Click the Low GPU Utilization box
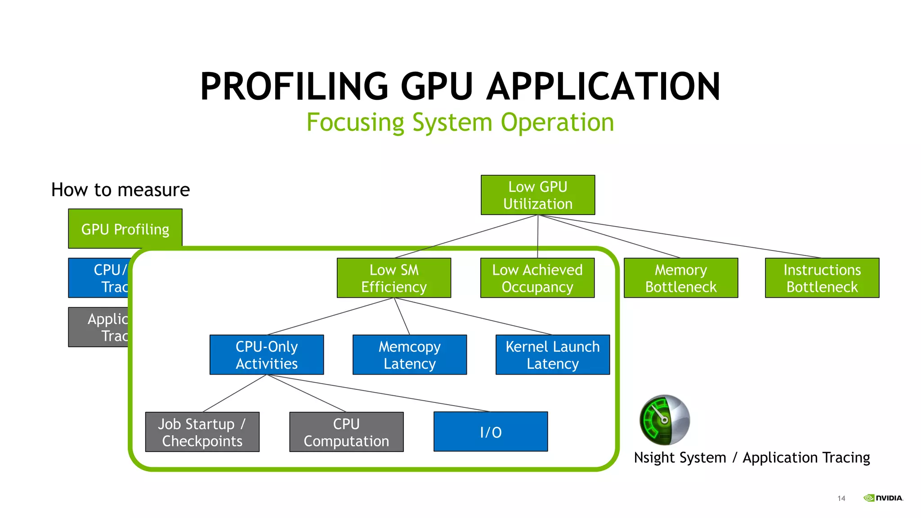pyautogui.click(x=537, y=195)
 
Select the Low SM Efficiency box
pyautogui.click(x=393, y=278)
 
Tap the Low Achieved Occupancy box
pyautogui.click(x=537, y=278)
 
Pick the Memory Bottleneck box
pyautogui.click(x=680, y=278)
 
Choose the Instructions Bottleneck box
pyautogui.click(x=822, y=278)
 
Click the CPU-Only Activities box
pyautogui.click(x=266, y=355)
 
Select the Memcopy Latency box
pyautogui.click(x=409, y=355)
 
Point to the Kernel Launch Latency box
pyautogui.click(x=552, y=355)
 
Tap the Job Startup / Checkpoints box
pyautogui.click(x=202, y=432)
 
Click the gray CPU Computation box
pyautogui.click(x=346, y=432)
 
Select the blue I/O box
pyautogui.click(x=490, y=432)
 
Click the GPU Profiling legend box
pyautogui.click(x=125, y=228)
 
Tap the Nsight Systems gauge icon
pyautogui.click(x=664, y=420)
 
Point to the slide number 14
pyautogui.click(x=841, y=498)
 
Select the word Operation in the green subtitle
pyautogui.click(x=557, y=122)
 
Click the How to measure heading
pyautogui.click(x=121, y=190)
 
